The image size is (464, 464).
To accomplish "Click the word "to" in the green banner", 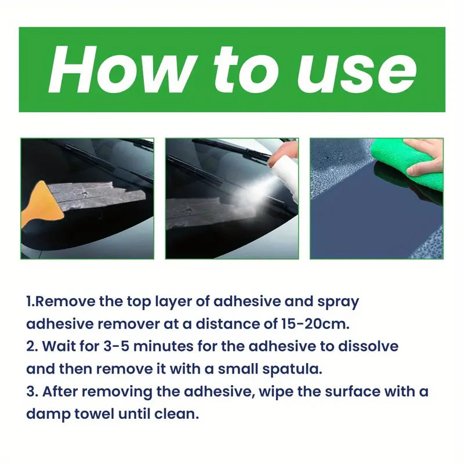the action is click(x=246, y=71).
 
